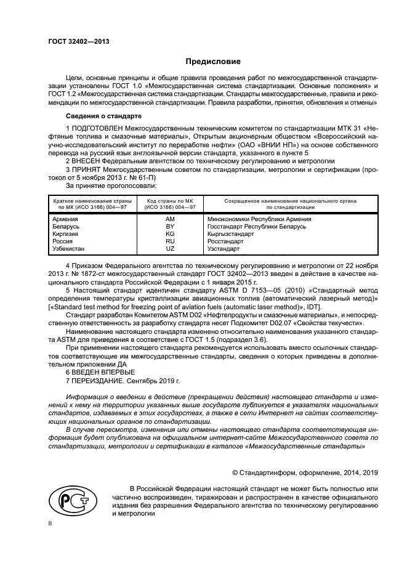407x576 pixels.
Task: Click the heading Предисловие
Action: coord(213,62)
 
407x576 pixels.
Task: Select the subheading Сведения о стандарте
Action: coord(103,116)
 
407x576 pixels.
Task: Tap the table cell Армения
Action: coord(65,220)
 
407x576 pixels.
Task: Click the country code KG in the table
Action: coord(170,235)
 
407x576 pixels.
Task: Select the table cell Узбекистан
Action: coord(70,249)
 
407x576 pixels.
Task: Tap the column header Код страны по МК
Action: coord(170,201)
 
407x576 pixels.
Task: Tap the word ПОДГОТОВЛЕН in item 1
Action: coord(103,128)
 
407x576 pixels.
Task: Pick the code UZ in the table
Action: coord(170,249)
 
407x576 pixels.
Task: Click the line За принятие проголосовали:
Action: coord(111,185)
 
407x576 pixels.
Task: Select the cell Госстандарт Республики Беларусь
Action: coord(257,227)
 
